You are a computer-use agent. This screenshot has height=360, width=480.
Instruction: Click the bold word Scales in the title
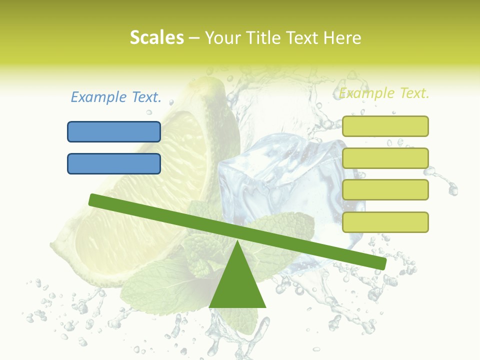coord(156,38)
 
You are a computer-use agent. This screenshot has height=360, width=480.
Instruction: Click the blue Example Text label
coord(116,97)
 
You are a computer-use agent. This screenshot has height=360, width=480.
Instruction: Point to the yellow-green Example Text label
coord(384,93)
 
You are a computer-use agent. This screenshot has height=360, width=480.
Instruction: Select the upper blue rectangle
coord(114,131)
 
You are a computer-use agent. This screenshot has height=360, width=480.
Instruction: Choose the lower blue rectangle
coord(114,163)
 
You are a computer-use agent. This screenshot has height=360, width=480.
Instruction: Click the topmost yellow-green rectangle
coord(385,126)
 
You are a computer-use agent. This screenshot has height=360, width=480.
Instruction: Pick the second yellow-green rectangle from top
coord(385,158)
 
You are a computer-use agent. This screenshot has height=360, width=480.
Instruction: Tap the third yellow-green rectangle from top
coord(385,190)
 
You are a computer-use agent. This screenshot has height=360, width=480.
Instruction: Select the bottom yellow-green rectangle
coord(385,222)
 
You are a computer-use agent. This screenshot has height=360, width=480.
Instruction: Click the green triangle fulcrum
coord(237,285)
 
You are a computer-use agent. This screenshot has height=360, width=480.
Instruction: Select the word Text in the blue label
coord(145,97)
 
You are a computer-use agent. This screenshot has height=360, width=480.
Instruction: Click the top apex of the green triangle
coord(237,242)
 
